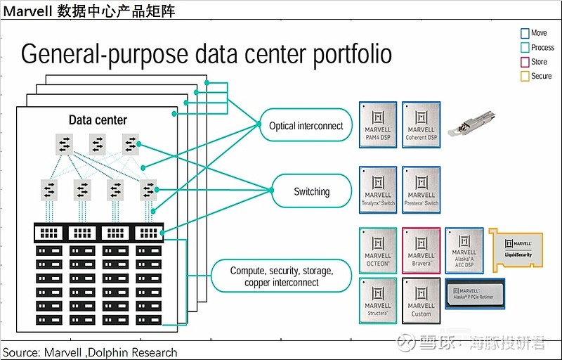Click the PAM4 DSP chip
coord(378,124)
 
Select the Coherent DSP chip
coord(421,124)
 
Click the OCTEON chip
coord(378,250)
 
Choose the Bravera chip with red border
coord(421,250)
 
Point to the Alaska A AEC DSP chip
coord(464,250)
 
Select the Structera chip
coord(378,300)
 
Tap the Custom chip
coord(421,300)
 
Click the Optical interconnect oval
coord(306,127)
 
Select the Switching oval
coord(311,191)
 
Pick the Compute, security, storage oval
coord(282,276)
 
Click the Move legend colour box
coord(524,33)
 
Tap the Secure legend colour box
coord(524,76)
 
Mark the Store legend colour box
coord(524,62)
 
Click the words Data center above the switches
coord(98,120)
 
